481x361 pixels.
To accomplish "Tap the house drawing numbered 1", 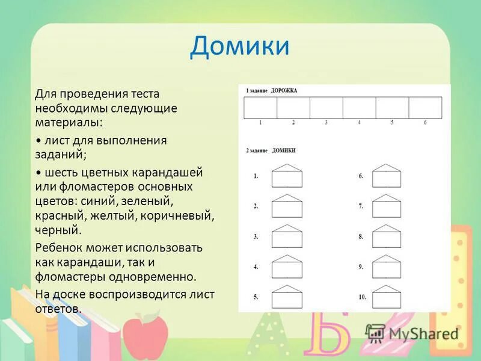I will point(287,176).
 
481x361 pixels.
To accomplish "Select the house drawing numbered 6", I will point(386,176).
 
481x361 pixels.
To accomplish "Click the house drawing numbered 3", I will point(287,236).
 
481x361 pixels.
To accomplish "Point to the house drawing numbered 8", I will point(386,236).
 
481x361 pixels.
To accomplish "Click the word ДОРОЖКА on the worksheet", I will point(284,91).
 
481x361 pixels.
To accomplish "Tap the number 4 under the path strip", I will point(359,123).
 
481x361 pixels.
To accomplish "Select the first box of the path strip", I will point(260,108).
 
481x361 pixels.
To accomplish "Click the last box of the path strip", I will point(425,108).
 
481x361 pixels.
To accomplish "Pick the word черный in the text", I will point(57,230).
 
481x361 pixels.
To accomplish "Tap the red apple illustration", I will point(145,333).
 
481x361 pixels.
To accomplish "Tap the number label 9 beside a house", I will point(361,267).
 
